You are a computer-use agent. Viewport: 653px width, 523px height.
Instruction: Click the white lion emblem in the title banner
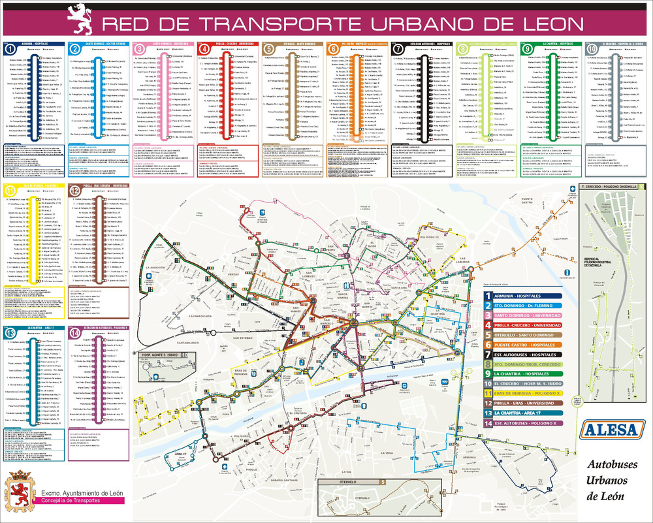click(x=83, y=19)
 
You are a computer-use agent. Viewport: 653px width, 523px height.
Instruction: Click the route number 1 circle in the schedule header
click(x=10, y=49)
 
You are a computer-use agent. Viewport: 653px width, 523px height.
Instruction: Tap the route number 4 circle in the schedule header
click(x=205, y=49)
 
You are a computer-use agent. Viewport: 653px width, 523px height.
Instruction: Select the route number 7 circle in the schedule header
click(x=398, y=49)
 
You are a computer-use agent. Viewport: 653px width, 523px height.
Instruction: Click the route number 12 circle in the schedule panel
click(x=75, y=191)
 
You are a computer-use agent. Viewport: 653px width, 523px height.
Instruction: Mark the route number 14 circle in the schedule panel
click(x=75, y=334)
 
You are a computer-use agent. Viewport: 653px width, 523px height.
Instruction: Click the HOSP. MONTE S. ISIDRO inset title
click(x=160, y=356)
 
